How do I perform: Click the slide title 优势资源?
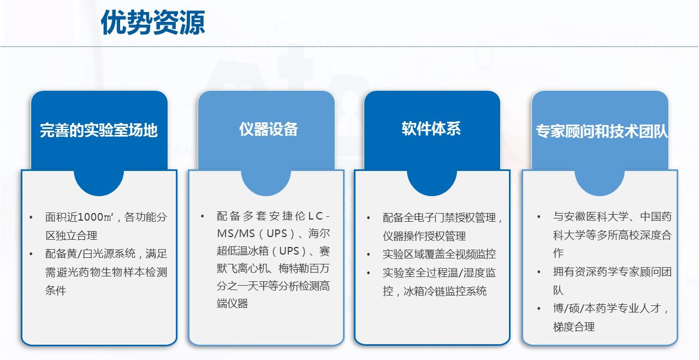(x=152, y=22)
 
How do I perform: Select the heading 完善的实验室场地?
(x=99, y=130)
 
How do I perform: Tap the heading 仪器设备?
(x=268, y=129)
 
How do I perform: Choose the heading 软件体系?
(x=431, y=128)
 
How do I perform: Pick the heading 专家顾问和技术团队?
(x=602, y=131)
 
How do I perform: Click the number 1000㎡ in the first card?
(x=95, y=217)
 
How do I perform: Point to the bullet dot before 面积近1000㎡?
(x=31, y=217)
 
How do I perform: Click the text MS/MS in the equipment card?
(x=236, y=234)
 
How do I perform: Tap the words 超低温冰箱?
(x=243, y=251)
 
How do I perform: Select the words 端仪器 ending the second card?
(x=232, y=303)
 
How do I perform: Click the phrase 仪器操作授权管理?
(x=424, y=236)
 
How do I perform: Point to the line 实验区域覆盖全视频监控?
(x=439, y=254)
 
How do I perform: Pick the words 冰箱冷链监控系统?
(x=445, y=291)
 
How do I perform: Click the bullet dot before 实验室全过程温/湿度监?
(x=369, y=273)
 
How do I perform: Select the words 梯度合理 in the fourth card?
(x=574, y=327)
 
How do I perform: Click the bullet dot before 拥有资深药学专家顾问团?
(x=538, y=272)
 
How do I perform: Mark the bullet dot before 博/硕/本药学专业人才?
(x=538, y=309)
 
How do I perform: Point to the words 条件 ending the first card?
(x=56, y=291)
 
